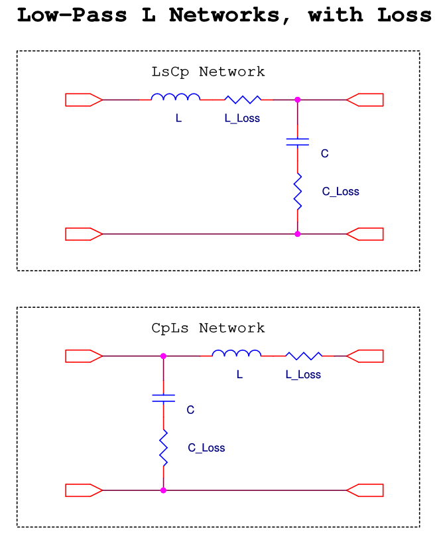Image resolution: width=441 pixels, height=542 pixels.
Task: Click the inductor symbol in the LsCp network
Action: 175,98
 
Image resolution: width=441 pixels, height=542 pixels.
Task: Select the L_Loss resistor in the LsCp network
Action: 243,100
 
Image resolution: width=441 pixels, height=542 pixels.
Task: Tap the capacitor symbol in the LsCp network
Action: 297,141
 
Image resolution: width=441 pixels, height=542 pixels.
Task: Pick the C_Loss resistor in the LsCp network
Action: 297,191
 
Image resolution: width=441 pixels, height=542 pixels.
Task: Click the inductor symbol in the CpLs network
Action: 237,354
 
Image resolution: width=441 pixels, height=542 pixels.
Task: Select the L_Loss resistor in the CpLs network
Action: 304,356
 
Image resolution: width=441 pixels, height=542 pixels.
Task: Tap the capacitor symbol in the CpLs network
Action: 163,397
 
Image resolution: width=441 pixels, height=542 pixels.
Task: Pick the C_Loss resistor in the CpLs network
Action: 163,447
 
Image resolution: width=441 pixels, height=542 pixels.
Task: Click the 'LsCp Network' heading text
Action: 208,72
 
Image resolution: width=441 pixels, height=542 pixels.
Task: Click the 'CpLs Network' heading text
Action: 208,328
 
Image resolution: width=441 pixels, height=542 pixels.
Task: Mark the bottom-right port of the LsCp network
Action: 365,234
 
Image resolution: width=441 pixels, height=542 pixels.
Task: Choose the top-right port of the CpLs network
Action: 365,356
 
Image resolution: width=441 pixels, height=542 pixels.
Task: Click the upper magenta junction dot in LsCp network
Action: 297,100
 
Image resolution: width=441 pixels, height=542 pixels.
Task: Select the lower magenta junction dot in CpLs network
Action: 163,490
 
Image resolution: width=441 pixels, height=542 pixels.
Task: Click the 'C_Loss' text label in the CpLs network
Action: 206,448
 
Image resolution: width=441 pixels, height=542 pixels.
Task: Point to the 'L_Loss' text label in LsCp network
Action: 242,118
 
